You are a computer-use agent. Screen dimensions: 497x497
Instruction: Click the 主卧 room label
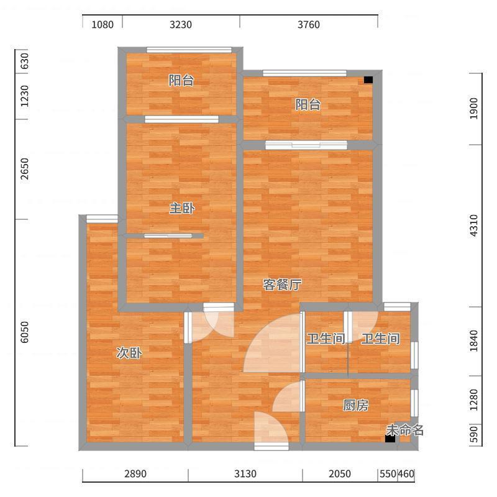(182, 208)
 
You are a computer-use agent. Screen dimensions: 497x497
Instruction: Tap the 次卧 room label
(129, 353)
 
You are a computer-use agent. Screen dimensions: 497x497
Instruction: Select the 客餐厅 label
(282, 285)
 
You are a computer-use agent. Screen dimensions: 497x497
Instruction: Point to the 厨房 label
(355, 405)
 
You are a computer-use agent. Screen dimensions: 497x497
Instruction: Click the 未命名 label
(405, 430)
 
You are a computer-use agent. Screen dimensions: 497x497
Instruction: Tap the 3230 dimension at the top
(181, 24)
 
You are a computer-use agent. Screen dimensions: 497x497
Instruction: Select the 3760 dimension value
(308, 24)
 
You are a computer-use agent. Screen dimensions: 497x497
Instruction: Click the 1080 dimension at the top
(103, 24)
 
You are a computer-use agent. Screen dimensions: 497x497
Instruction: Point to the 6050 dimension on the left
(24, 332)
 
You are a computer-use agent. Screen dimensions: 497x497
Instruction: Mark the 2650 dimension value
(24, 169)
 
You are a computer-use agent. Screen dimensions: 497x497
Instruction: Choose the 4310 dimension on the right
(473, 226)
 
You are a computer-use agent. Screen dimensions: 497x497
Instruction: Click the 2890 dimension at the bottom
(135, 474)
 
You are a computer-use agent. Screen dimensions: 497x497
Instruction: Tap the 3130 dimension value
(245, 474)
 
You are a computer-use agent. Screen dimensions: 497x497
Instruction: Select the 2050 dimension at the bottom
(340, 474)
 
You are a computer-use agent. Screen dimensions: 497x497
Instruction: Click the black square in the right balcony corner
(368, 80)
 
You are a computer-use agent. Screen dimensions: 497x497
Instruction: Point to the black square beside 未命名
(390, 439)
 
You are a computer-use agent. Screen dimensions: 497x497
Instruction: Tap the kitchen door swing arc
(287, 396)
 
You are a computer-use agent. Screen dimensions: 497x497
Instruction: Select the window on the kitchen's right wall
(414, 403)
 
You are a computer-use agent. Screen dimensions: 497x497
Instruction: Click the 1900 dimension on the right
(473, 108)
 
